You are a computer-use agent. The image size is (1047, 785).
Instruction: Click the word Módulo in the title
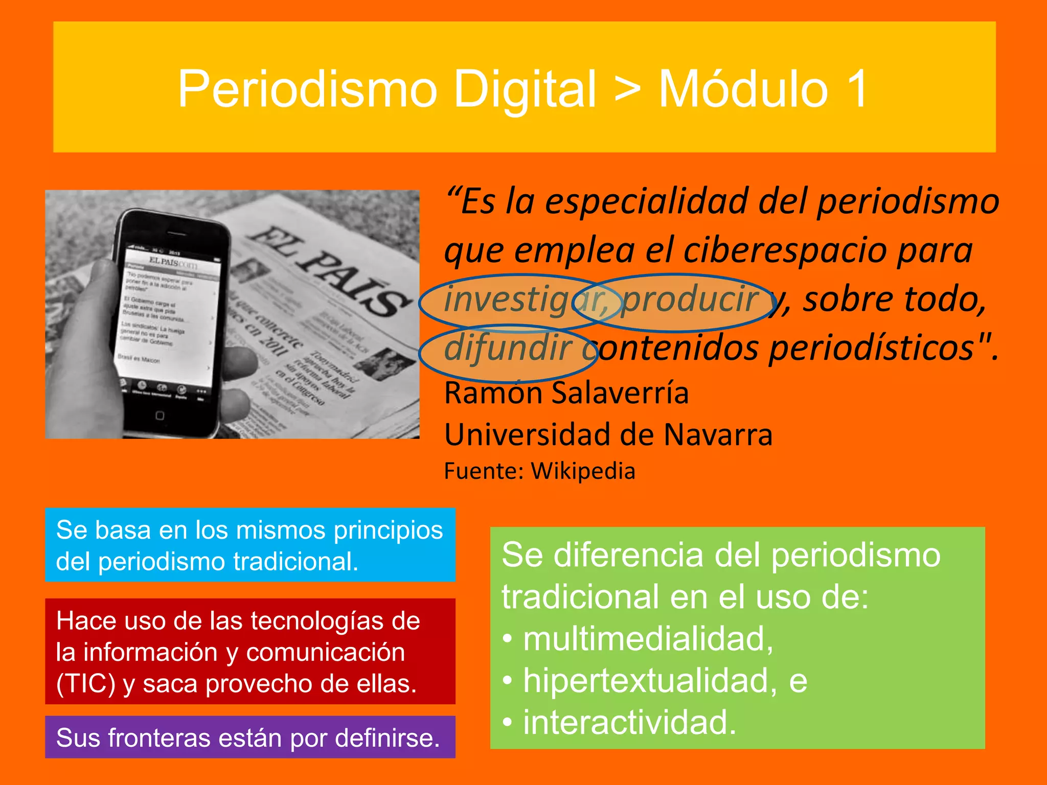743,89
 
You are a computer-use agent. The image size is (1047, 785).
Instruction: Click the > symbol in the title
627,89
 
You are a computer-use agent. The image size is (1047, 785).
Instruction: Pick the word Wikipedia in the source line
583,471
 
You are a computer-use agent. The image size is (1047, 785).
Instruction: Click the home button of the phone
160,415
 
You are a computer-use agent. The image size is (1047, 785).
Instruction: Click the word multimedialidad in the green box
647,639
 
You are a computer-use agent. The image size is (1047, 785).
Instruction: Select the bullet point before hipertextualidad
507,681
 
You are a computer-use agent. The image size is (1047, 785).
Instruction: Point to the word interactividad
629,723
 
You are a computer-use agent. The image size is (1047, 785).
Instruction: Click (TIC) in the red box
86,684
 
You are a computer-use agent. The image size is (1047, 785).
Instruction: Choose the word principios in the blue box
388,530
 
